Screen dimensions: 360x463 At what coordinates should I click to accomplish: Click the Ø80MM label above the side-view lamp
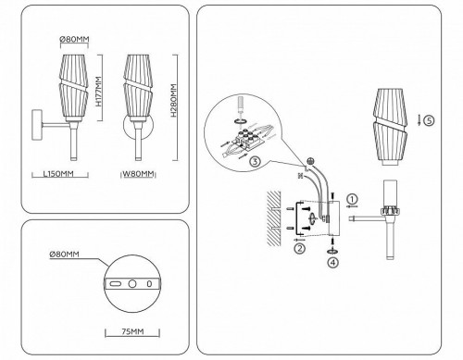point(73,38)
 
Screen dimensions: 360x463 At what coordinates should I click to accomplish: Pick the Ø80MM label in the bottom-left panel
point(66,256)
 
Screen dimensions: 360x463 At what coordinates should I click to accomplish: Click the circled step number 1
point(352,199)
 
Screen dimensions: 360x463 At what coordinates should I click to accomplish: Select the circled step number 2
point(300,248)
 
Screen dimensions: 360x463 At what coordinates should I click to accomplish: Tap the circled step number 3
point(254,161)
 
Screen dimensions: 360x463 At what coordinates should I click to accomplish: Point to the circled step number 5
point(430,118)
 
